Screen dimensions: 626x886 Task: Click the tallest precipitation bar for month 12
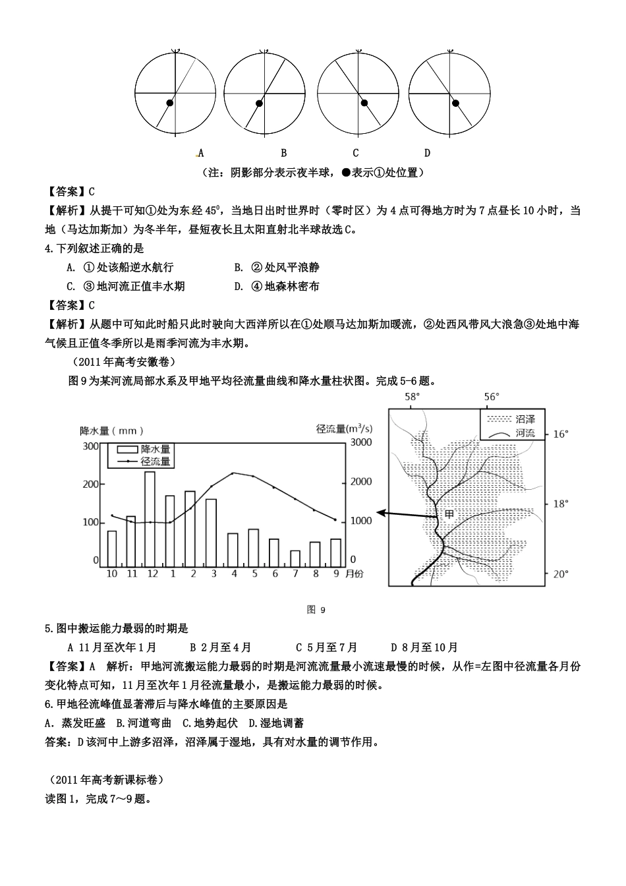(x=150, y=518)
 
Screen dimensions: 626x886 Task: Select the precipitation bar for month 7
(x=295, y=558)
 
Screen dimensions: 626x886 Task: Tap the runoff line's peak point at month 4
(x=233, y=473)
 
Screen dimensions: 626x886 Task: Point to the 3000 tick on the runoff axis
(x=360, y=442)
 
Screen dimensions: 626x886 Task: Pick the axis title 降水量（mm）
(x=111, y=430)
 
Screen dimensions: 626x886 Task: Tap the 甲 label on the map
(x=449, y=514)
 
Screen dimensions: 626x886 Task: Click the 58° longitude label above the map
(x=412, y=397)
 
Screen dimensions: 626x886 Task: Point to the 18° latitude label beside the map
(x=561, y=504)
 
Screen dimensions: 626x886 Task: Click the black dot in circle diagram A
(x=169, y=103)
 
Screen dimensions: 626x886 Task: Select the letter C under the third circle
(x=355, y=153)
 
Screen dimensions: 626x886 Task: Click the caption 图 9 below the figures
(x=316, y=610)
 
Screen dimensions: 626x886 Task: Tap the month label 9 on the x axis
(x=336, y=574)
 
